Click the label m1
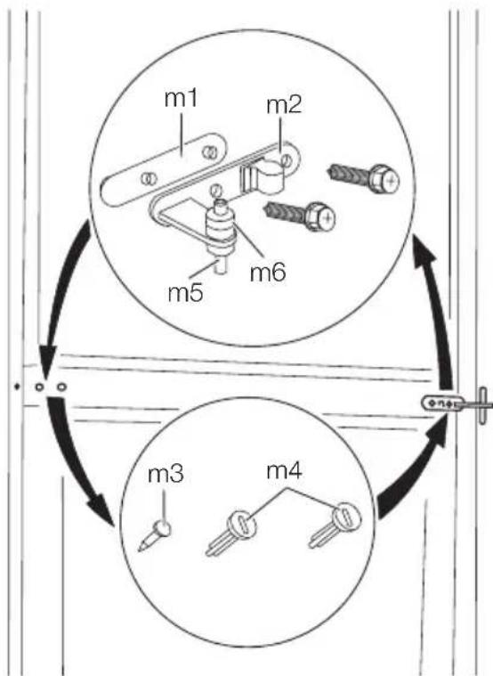tap(181, 99)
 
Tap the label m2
tap(284, 106)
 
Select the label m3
tap(166, 474)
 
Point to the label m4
tap(285, 471)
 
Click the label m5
tap(185, 293)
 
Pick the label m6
tap(268, 273)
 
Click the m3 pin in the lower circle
tap(155, 534)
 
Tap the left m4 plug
tap(231, 533)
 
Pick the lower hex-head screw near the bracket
tap(300, 215)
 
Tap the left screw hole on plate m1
tap(150, 178)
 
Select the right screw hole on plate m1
tap(209, 151)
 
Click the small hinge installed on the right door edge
tap(457, 404)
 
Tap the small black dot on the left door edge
tap(17, 387)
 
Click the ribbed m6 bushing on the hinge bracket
tap(221, 229)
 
